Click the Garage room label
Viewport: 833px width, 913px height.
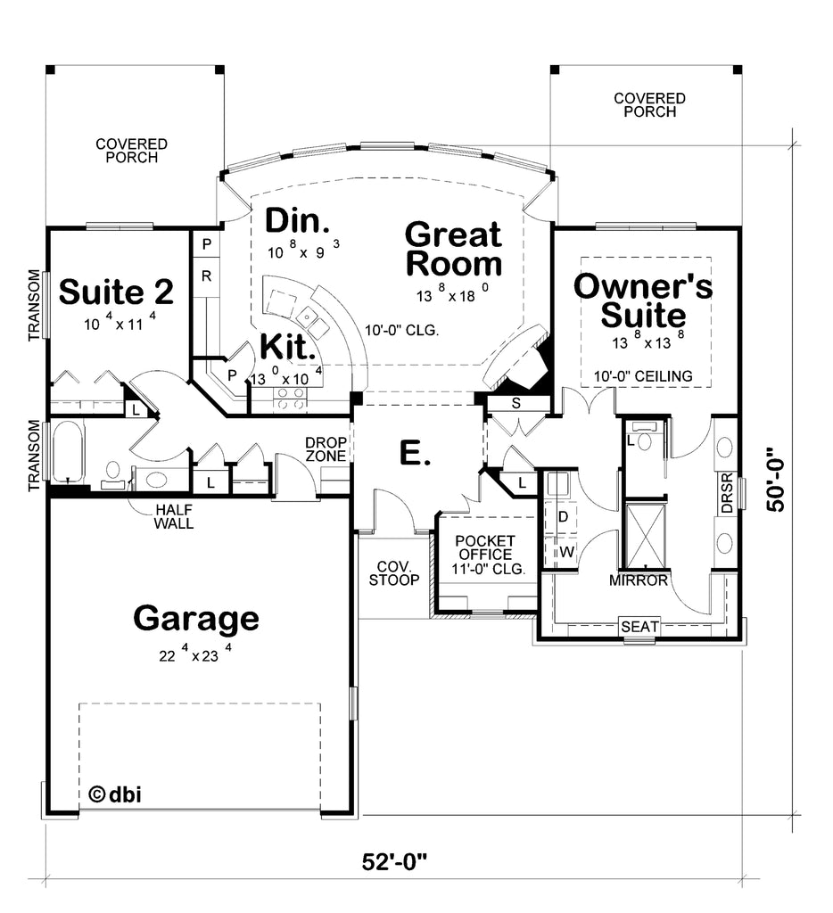[x=195, y=620]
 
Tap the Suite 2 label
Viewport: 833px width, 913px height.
[x=116, y=292]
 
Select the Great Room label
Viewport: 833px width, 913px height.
[x=453, y=249]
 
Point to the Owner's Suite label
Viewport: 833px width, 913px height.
[x=643, y=300]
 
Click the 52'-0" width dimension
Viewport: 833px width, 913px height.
[x=394, y=861]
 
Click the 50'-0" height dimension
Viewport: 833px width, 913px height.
[x=776, y=479]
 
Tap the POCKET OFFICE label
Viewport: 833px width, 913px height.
[x=484, y=547]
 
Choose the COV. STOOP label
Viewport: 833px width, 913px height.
[x=394, y=573]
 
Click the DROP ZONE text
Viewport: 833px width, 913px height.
[x=326, y=449]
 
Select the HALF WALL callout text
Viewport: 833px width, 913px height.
[x=174, y=517]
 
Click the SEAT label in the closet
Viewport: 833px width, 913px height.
[x=639, y=627]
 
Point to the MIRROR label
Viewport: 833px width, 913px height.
[x=639, y=580]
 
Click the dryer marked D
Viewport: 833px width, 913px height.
[x=562, y=516]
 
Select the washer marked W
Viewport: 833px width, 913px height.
[x=562, y=551]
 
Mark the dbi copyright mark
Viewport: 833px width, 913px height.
[x=115, y=794]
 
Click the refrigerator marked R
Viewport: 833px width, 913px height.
[x=206, y=276]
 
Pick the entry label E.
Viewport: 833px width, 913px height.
[x=415, y=454]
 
